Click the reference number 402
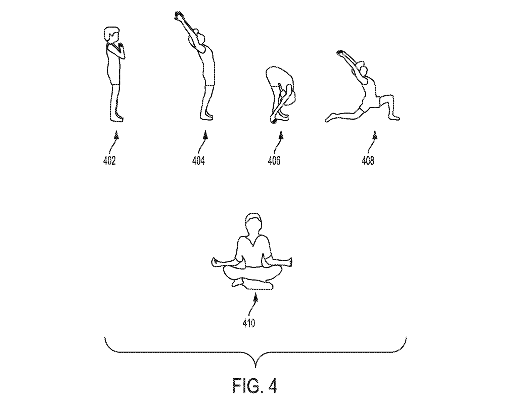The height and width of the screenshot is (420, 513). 109,161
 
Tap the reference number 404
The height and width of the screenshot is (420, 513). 198,161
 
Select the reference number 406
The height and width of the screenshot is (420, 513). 274,161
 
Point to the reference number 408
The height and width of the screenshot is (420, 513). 368,161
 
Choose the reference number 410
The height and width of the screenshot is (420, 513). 249,323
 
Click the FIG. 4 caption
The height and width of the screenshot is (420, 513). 255,386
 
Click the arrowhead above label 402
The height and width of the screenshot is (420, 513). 116,135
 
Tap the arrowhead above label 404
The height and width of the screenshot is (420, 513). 205,135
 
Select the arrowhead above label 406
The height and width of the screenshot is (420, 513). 281,135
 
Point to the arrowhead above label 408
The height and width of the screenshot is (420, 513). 375,135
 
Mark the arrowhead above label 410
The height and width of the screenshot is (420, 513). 256,297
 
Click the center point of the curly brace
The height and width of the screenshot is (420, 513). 256,365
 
